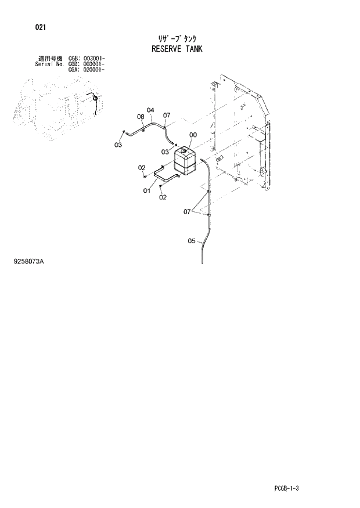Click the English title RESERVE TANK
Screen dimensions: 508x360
click(x=177, y=49)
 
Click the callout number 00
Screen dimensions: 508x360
click(x=193, y=135)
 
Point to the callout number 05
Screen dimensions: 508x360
click(x=192, y=242)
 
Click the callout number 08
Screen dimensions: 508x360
click(x=141, y=117)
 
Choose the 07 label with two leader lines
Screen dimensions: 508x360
click(x=188, y=212)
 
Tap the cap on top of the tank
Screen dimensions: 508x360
click(x=182, y=150)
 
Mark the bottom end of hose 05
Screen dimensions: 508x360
click(x=202, y=262)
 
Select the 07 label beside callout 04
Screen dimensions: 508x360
click(x=166, y=115)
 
